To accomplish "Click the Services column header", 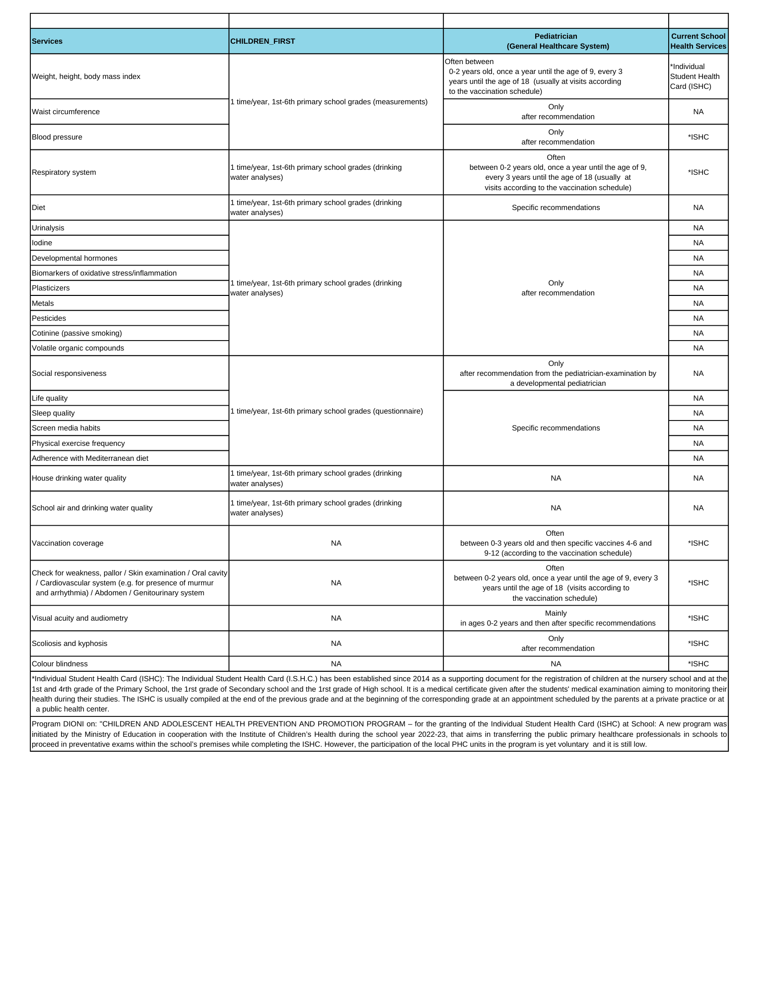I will (x=47, y=41).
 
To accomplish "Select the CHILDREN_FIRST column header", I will (x=263, y=41).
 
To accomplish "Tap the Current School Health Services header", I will (x=698, y=41).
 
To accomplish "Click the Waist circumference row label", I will (x=66, y=112).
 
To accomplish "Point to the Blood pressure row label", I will (x=57, y=137).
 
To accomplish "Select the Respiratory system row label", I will (x=64, y=172).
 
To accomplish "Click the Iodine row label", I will (x=42, y=243).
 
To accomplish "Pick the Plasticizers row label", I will (x=51, y=288).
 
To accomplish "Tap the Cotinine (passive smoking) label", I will (x=77, y=333).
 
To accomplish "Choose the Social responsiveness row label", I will (x=69, y=373).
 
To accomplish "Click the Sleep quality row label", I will (x=53, y=413).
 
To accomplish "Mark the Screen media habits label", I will (x=66, y=428).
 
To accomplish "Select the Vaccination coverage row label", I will (x=68, y=543).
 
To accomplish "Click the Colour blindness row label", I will (x=60, y=664).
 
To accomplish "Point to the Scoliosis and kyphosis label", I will (x=70, y=643).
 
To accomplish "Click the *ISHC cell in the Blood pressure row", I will (x=698, y=137).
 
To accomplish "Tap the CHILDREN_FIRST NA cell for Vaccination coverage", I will (x=336, y=543).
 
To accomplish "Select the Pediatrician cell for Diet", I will (x=556, y=208).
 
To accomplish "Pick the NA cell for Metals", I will (x=698, y=303).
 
